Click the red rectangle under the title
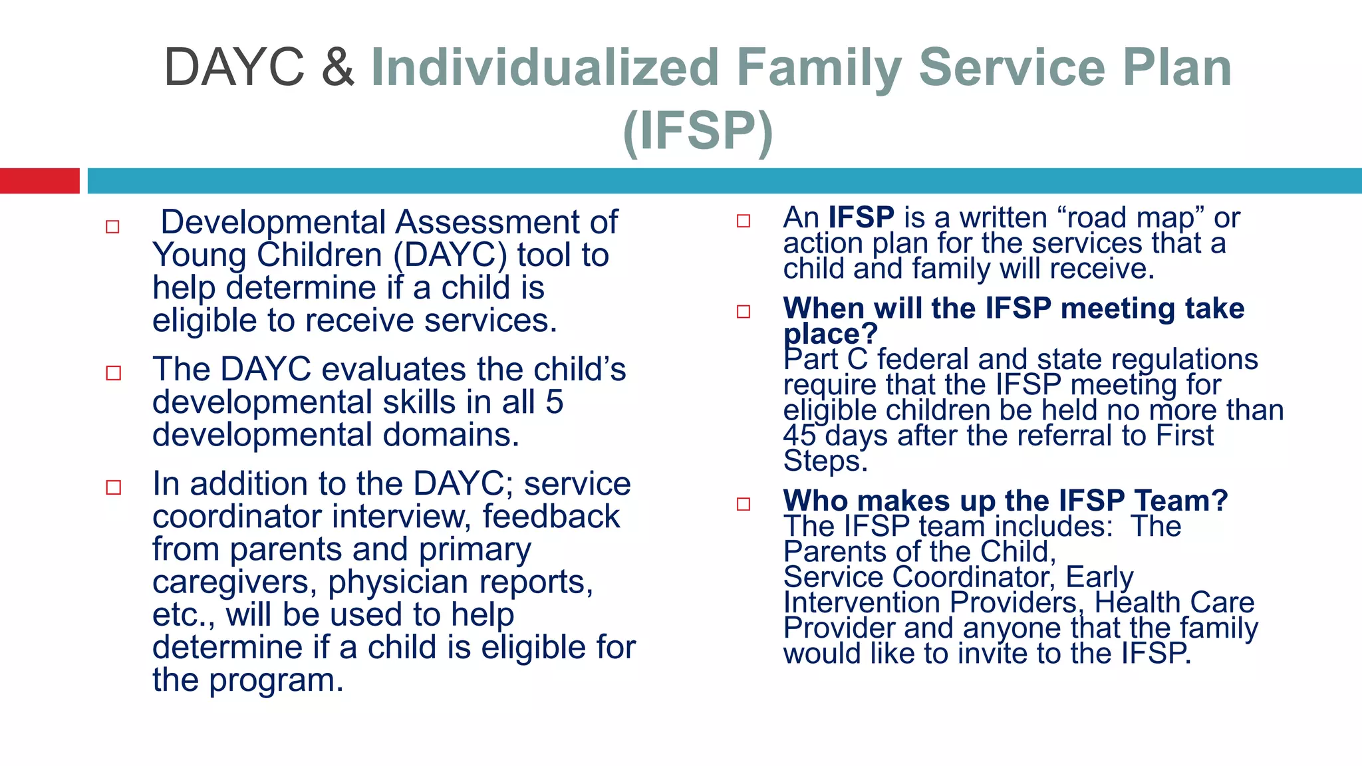[x=39, y=181]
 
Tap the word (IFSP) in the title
[x=698, y=131]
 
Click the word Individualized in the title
[x=545, y=68]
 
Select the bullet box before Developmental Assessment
[x=112, y=227]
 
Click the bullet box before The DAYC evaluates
[x=114, y=373]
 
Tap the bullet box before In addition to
[x=114, y=487]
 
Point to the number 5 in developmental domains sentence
[x=554, y=402]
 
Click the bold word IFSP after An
[x=861, y=218]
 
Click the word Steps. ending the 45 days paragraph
[x=825, y=461]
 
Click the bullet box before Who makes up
[x=744, y=504]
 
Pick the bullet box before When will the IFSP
[x=744, y=311]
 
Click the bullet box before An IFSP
[x=744, y=221]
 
